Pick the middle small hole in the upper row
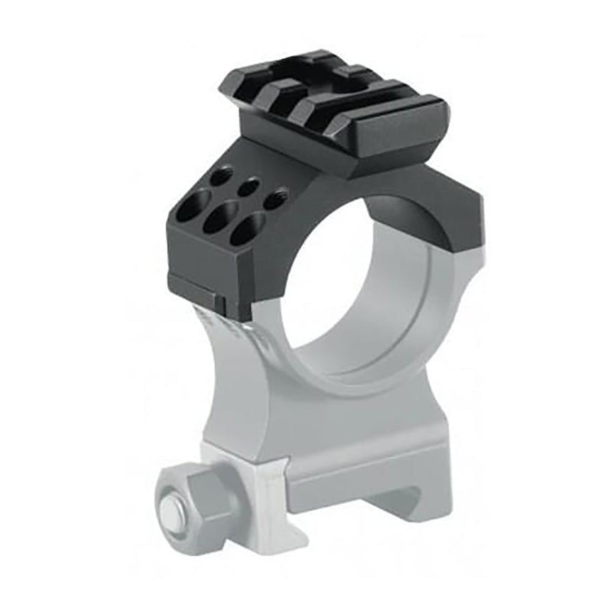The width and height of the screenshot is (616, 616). pos(248,185)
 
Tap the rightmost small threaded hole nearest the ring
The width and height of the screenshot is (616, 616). pos(275,199)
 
